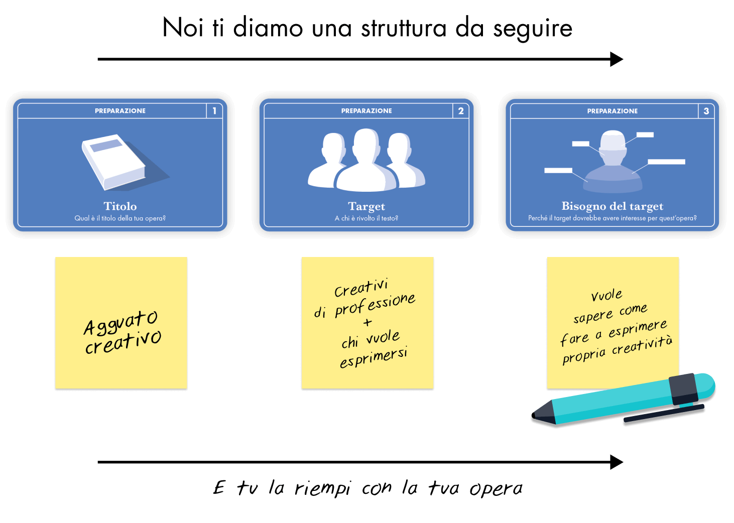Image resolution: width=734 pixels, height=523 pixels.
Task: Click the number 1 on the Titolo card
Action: coord(214,111)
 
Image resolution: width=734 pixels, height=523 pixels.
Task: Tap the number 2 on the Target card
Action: coord(461,111)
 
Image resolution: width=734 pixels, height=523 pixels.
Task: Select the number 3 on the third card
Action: coord(706,111)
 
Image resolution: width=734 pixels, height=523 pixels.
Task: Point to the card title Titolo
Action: coord(120,206)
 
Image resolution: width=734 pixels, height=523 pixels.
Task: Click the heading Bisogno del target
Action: coord(612,206)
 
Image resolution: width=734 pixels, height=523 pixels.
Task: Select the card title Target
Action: coord(366,206)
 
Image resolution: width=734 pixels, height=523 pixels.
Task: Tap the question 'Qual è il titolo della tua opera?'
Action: coord(120,218)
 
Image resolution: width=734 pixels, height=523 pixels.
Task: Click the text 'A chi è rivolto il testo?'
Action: coord(366,218)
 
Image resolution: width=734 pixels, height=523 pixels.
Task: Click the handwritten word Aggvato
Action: coord(120,322)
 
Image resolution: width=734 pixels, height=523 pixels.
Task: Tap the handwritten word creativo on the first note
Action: coord(123,342)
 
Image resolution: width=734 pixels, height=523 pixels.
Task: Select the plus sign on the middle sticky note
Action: coord(368,322)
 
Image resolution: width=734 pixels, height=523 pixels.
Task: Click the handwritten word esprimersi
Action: coord(374,357)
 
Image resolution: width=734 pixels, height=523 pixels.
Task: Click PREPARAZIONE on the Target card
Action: coord(366,111)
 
